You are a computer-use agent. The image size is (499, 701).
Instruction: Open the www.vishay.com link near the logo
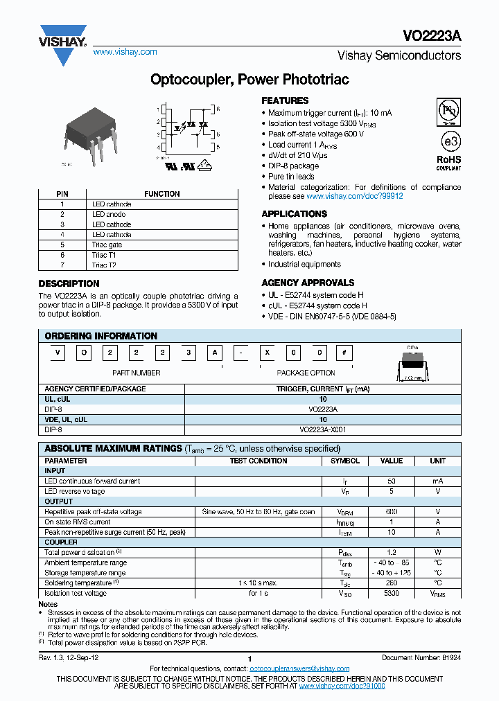[125, 52]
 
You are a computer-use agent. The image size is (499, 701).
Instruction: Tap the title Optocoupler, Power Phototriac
[249, 80]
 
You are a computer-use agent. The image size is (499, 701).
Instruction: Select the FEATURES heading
[285, 100]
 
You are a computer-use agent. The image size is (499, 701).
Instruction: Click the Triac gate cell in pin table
[107, 245]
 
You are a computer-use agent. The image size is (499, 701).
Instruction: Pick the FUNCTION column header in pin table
[161, 194]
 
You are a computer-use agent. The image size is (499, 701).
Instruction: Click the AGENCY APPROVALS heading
[308, 283]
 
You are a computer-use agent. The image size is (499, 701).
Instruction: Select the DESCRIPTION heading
[69, 283]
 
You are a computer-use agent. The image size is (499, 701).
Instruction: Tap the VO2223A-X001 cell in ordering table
[323, 429]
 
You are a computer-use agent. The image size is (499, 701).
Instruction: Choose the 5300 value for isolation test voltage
[392, 594]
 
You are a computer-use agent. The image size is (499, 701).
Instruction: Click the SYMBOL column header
[344, 461]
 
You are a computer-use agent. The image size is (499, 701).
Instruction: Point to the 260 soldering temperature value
[392, 583]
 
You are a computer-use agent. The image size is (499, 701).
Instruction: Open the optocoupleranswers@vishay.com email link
[299, 668]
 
